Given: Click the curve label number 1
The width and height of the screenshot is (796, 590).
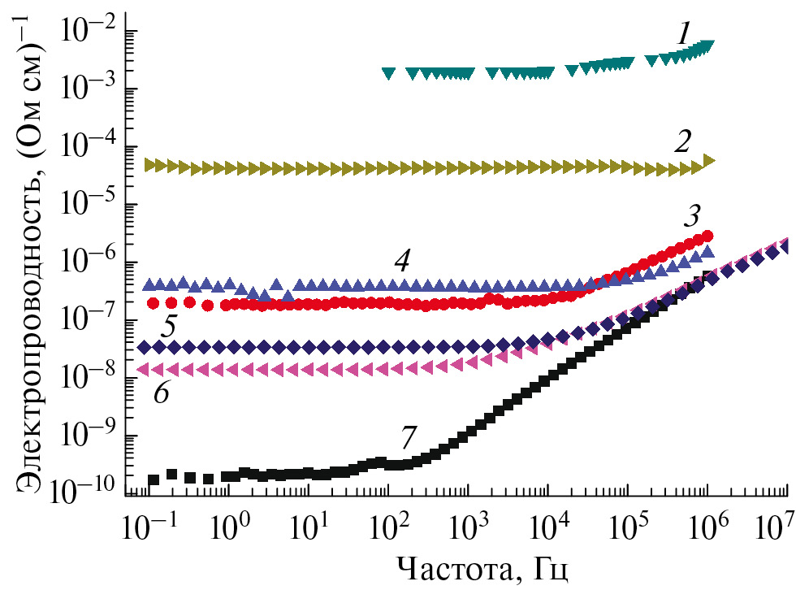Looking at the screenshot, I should (x=684, y=33).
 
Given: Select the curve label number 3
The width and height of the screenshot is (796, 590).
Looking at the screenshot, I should (x=692, y=217).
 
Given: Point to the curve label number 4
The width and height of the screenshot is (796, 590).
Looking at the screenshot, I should (x=401, y=261).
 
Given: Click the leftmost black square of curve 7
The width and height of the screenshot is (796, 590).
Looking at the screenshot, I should (x=153, y=479).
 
